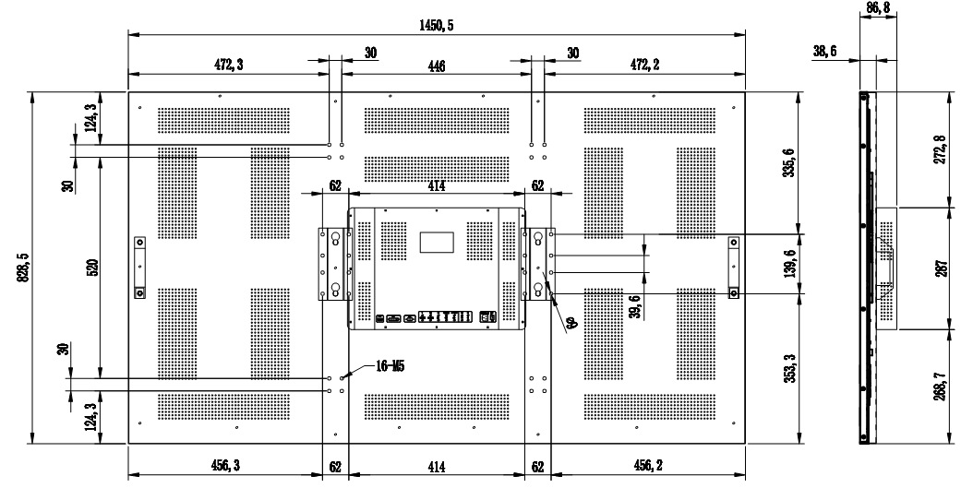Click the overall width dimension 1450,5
[437, 26]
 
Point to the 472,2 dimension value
[643, 65]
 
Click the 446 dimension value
[436, 65]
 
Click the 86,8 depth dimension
[878, 8]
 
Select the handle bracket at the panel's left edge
[139, 268]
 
